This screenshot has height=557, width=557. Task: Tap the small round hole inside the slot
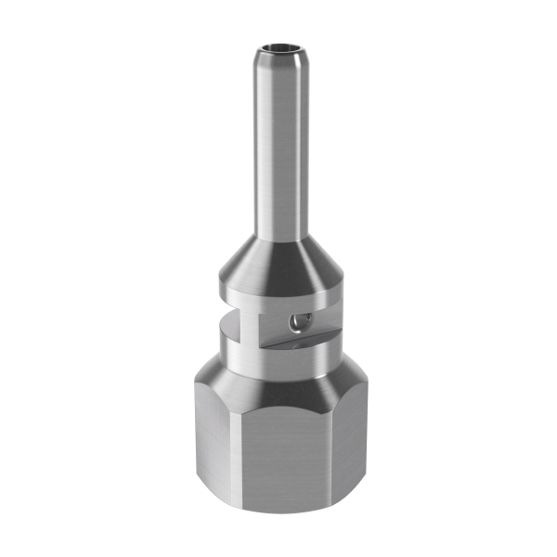(295, 320)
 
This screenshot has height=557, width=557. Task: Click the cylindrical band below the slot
(278, 357)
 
